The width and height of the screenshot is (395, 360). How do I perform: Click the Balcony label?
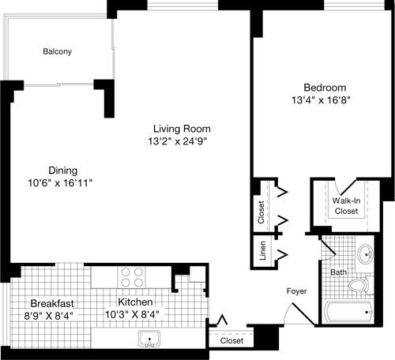point(58,52)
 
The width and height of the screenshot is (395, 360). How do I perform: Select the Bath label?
point(338,272)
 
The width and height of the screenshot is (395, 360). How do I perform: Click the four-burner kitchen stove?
point(131,277)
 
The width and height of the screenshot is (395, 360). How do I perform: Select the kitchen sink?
point(149,339)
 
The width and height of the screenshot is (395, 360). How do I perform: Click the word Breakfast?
point(52,303)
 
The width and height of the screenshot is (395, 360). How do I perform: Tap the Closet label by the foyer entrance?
point(231,341)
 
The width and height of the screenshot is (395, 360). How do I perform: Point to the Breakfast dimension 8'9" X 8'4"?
point(49,315)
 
